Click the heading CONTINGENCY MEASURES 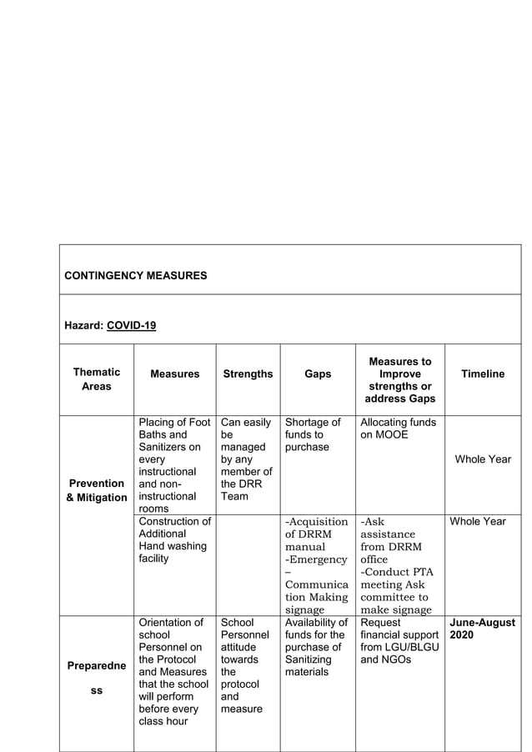coord(135,275)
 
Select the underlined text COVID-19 coord(132,325)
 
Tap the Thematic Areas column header coord(96,379)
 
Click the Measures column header coord(174,374)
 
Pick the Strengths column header coord(248,374)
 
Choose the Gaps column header coord(318,374)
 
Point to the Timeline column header coord(483,374)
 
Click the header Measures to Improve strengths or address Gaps coord(400,380)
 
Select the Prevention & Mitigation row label coord(97,490)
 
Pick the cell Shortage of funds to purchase coord(313,434)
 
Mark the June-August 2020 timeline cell coord(482,629)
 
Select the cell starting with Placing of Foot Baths coord(174,465)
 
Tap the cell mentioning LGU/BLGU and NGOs coord(399,641)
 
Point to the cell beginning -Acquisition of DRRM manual coord(317,565)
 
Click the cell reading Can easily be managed coord(245,459)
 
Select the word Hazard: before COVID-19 coord(83,325)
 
